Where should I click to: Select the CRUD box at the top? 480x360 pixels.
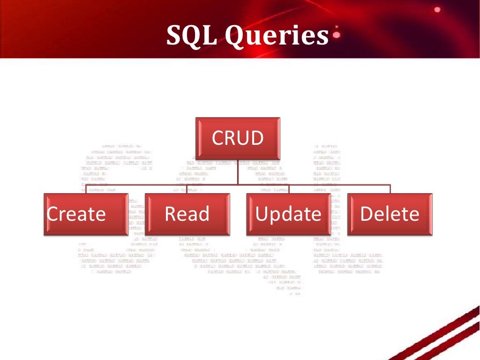(238, 138)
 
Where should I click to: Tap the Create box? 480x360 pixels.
(86, 214)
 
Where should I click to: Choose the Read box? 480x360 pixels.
(187, 214)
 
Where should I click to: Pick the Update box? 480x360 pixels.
(289, 214)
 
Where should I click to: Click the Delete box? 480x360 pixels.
(390, 214)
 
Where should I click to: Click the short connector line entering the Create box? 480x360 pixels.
(86, 189)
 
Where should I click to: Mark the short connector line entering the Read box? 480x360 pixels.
(187, 189)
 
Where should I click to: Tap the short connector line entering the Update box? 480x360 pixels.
(289, 189)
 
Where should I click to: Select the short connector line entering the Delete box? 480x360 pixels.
(390, 189)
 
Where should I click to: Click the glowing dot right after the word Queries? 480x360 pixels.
(336, 34)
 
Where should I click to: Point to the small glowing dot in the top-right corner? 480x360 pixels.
(437, 9)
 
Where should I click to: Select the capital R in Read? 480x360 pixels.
(171, 214)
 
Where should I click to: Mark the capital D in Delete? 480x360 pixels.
(367, 214)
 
